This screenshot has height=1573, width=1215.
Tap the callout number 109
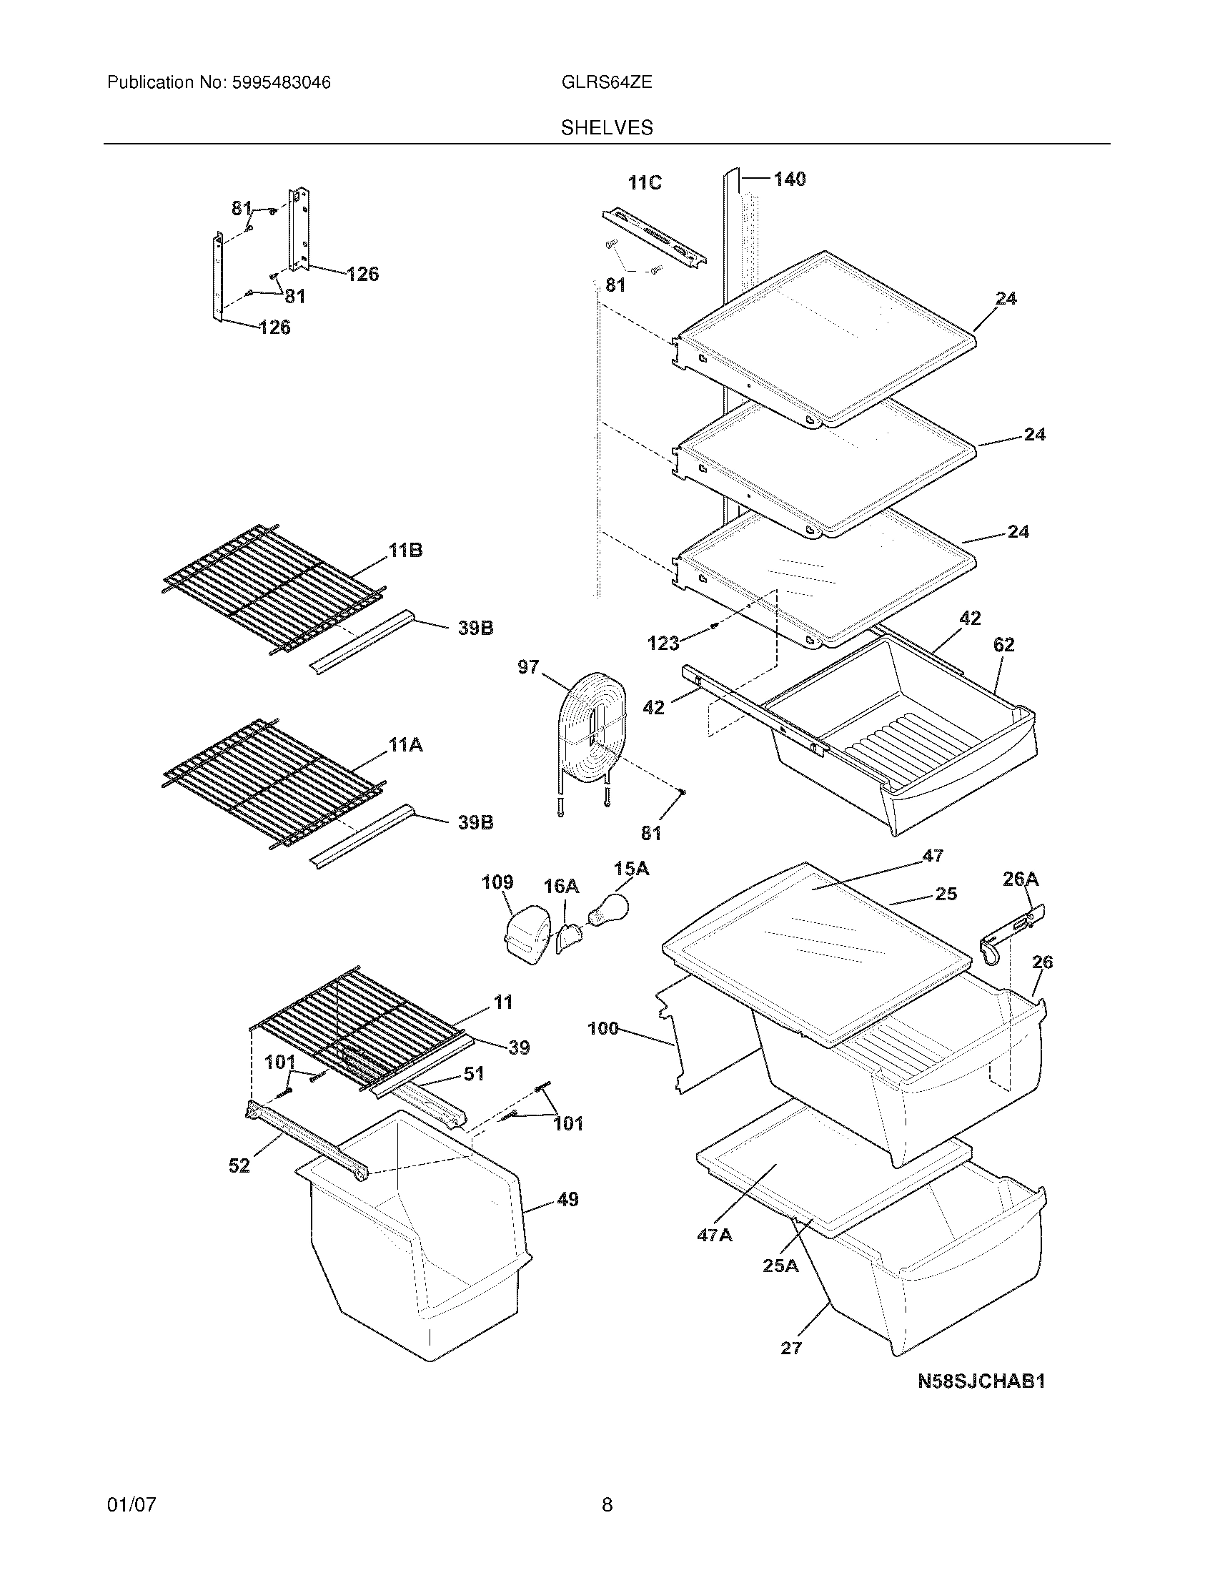pyautogui.click(x=497, y=882)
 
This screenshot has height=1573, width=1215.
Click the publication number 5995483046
pyautogui.click(x=280, y=83)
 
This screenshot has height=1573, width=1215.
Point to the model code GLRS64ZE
pyautogui.click(x=606, y=83)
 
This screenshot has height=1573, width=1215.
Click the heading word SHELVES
pyautogui.click(x=607, y=128)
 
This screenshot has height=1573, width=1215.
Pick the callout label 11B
pyautogui.click(x=405, y=551)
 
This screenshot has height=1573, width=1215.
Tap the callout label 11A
pyautogui.click(x=405, y=746)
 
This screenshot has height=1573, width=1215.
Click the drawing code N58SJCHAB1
pyautogui.click(x=981, y=1381)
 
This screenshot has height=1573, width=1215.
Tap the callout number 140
pyautogui.click(x=790, y=179)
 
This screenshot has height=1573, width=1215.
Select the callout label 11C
pyautogui.click(x=644, y=184)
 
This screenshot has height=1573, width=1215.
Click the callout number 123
pyautogui.click(x=663, y=643)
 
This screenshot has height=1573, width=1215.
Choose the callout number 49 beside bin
pyautogui.click(x=567, y=1200)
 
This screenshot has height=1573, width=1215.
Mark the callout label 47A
pyautogui.click(x=714, y=1236)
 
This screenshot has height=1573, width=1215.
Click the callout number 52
pyautogui.click(x=239, y=1165)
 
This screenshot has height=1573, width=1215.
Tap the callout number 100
pyautogui.click(x=603, y=1028)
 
